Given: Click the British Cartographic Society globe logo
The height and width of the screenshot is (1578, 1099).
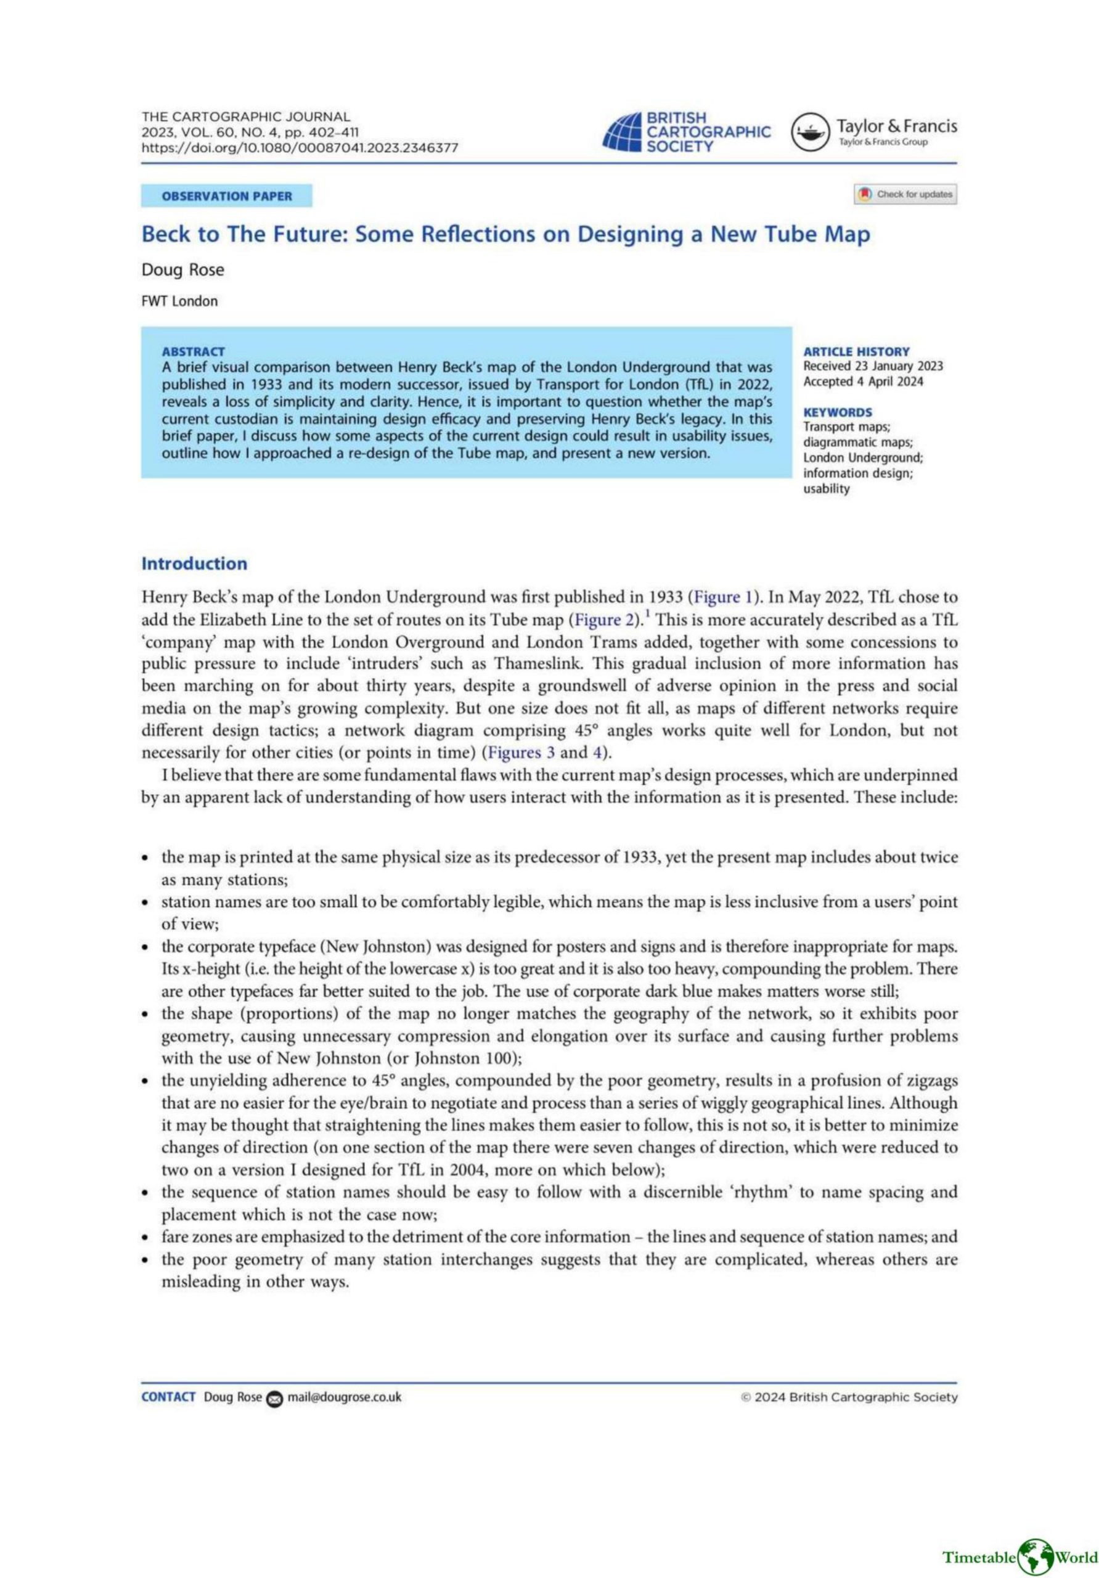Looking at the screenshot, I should pos(622,132).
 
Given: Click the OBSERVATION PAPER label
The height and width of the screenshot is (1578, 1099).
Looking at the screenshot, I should pos(227,196).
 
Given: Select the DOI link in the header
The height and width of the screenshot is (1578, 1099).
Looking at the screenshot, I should pos(300,148).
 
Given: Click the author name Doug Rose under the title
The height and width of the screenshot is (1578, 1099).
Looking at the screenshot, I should pos(183,270).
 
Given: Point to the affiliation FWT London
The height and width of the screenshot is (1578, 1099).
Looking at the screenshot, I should pos(179,301).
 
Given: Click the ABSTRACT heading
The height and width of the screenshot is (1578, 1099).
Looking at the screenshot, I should pos(193,351).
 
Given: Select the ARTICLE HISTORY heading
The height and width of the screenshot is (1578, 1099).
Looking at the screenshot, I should pos(856,351).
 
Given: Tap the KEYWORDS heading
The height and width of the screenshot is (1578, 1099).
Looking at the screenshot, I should pos(838,412).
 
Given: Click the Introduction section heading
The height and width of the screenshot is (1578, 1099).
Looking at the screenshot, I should pos(194,563).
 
